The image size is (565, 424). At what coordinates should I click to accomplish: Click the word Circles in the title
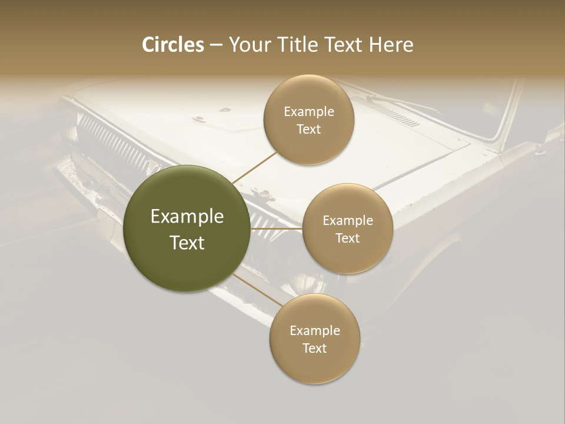tap(172, 45)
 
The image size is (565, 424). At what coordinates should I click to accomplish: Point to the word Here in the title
tap(391, 45)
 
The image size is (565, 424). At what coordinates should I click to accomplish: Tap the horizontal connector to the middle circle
tap(276, 228)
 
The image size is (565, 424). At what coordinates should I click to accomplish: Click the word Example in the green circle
tap(187, 217)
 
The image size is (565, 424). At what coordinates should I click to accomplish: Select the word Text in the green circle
tap(187, 243)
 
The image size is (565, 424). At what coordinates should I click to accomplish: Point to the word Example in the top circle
tap(308, 111)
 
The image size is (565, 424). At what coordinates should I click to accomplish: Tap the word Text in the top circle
tap(308, 129)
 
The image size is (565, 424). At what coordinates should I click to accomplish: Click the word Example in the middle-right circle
tap(347, 220)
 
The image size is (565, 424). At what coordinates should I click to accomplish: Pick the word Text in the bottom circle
tap(314, 348)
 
